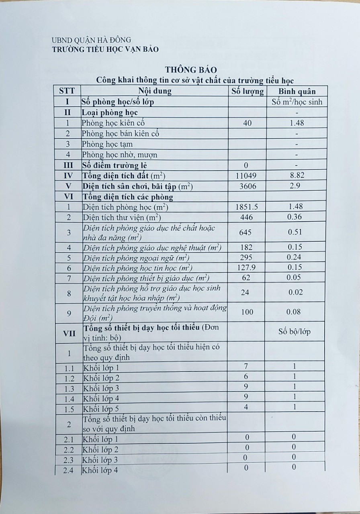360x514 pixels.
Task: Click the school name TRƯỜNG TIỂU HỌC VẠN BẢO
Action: (105, 49)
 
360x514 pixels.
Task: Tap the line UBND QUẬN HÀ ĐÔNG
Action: (91, 40)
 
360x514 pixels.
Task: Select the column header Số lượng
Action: (247, 91)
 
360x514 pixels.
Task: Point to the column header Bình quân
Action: (297, 91)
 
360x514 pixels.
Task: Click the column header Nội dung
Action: (155, 91)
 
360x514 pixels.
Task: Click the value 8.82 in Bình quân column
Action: (297, 175)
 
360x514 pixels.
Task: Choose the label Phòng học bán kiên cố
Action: (120, 134)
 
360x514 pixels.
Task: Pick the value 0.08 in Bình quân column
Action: (296, 312)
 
